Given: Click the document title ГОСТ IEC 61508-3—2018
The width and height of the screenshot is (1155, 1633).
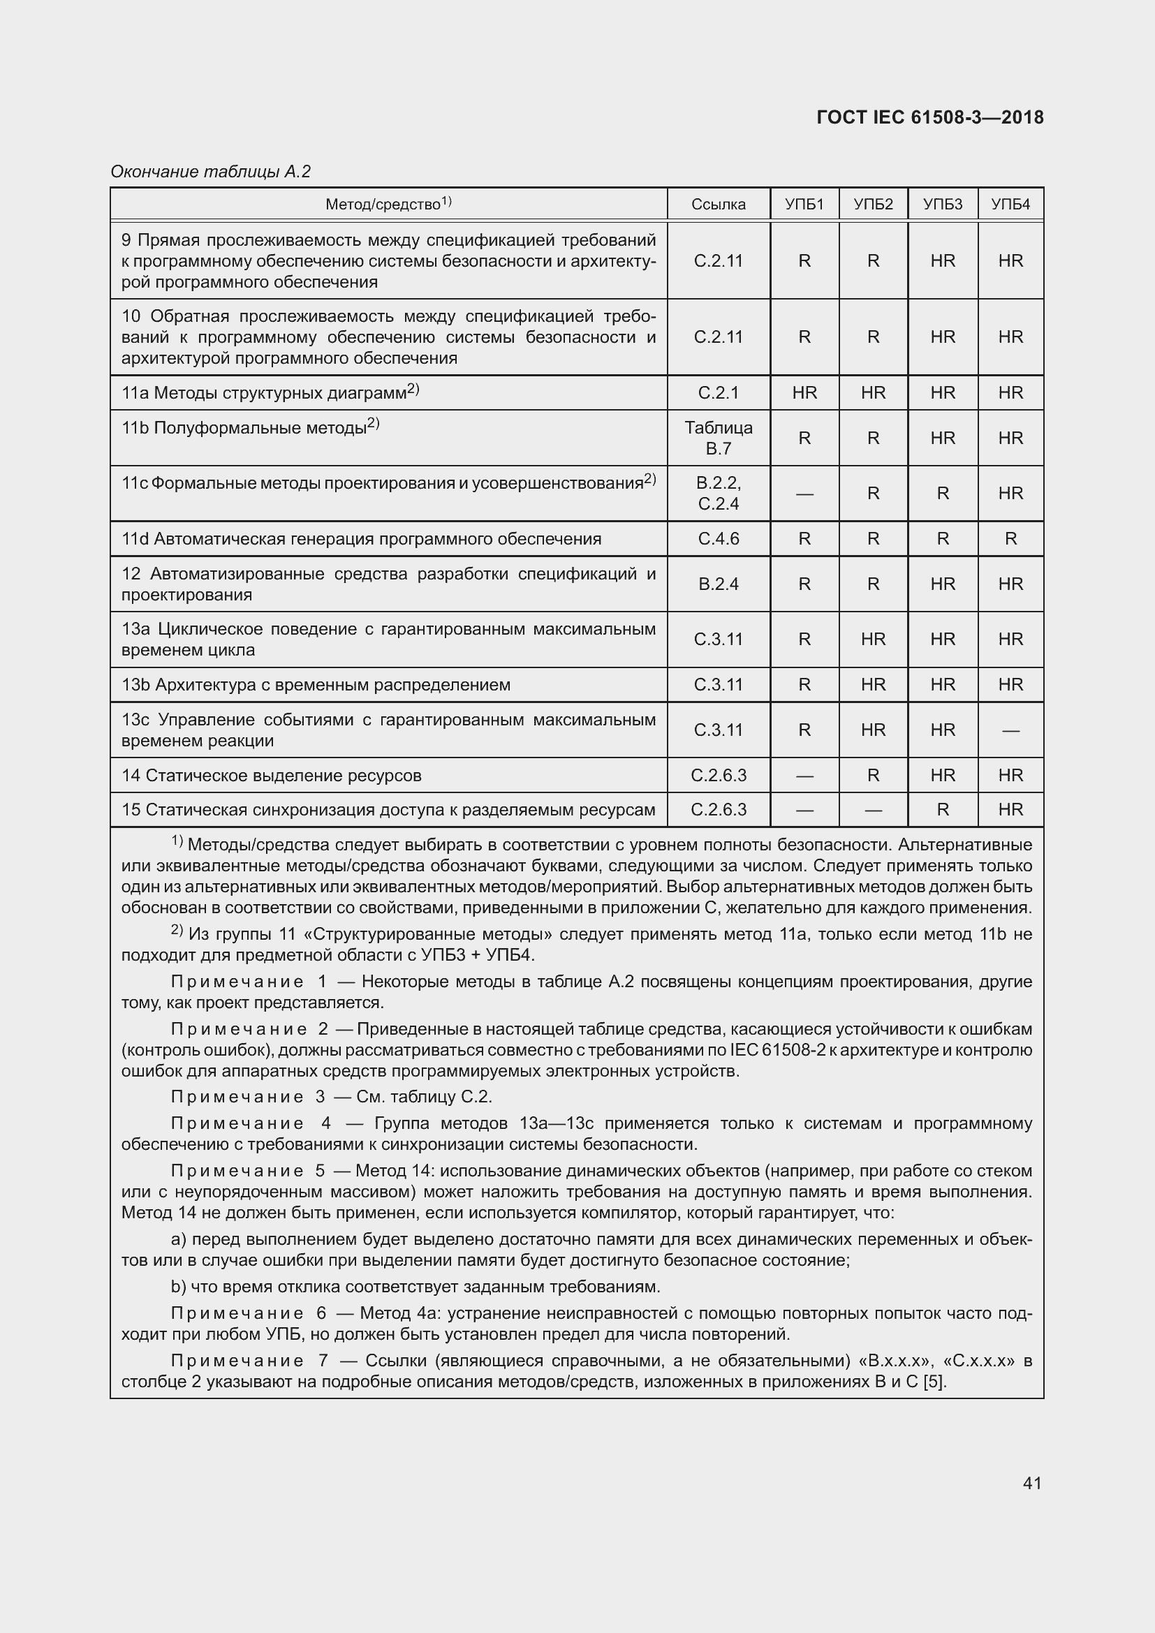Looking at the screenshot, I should click(929, 117).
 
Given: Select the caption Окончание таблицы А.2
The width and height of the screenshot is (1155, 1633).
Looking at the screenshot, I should click(210, 172).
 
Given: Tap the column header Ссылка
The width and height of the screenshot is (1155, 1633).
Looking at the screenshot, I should click(719, 205).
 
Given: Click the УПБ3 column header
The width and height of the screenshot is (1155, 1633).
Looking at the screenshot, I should click(942, 205).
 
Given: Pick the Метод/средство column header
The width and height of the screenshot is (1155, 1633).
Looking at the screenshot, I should click(388, 204).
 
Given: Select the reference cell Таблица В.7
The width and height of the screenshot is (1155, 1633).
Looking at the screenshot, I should click(719, 438).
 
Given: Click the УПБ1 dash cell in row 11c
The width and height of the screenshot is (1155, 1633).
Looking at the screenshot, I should click(804, 494).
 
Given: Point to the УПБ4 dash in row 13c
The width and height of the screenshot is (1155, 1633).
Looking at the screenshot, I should click(1010, 730).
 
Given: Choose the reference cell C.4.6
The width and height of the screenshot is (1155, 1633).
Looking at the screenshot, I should click(719, 539).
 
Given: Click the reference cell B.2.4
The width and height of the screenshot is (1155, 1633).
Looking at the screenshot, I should click(719, 584).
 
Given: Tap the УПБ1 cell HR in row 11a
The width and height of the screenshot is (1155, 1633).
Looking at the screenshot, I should click(804, 392).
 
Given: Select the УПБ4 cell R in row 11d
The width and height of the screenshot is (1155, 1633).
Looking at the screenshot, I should click(1010, 539).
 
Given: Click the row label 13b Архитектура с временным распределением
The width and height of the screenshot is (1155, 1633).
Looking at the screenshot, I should click(316, 685).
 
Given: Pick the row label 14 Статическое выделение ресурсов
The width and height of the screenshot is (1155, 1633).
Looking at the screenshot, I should click(271, 775).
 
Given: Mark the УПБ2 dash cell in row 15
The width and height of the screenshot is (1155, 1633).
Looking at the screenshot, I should click(873, 810).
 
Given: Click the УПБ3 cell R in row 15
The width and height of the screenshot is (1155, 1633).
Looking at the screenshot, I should click(942, 810).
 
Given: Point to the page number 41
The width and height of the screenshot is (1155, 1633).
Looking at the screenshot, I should click(1032, 1483).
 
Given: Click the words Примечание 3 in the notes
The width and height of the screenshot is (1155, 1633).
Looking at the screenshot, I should click(248, 1097).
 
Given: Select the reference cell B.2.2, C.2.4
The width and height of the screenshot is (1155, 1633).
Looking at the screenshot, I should click(719, 494).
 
